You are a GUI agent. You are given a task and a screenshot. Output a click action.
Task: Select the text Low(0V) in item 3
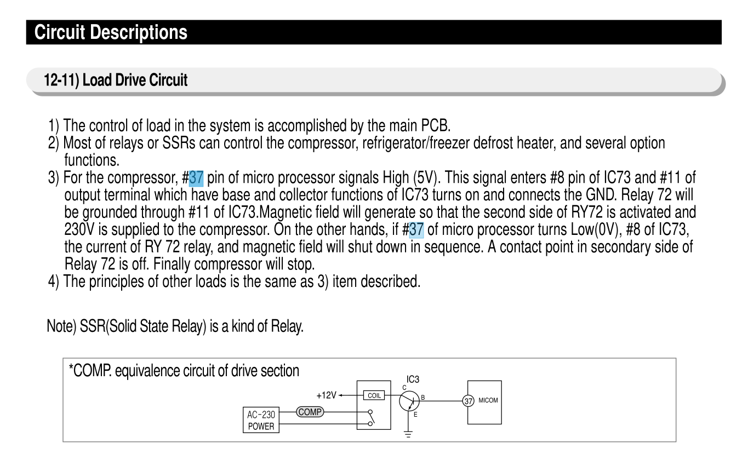click(x=595, y=229)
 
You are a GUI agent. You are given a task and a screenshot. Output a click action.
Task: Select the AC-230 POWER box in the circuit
click(x=261, y=420)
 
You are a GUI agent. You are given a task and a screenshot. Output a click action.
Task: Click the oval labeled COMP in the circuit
click(x=310, y=412)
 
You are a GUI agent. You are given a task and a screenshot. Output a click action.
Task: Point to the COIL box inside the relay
click(x=374, y=395)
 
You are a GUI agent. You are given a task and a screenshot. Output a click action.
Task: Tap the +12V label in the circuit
click(x=326, y=395)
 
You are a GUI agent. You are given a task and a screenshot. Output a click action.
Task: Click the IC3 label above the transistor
click(x=413, y=379)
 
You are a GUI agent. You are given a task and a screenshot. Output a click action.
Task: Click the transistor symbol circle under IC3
click(x=409, y=401)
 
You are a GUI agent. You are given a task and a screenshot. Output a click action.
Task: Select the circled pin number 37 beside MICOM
click(x=468, y=401)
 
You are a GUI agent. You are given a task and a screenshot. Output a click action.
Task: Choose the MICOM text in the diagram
click(x=488, y=400)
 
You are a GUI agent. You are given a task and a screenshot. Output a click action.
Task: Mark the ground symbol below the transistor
click(x=408, y=434)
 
